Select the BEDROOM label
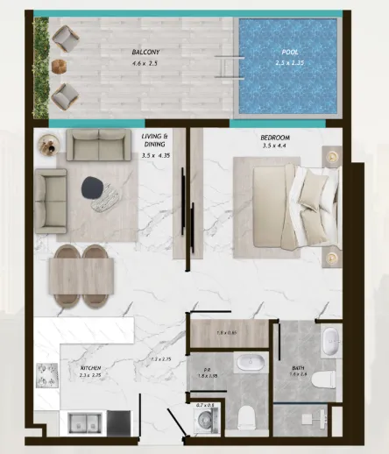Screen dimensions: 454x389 [x=276, y=138]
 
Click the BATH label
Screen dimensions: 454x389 [x=298, y=369]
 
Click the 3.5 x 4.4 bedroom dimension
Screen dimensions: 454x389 [x=275, y=147]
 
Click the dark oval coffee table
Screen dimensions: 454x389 [x=92, y=187]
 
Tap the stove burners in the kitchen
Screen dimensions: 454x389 [x=46, y=374]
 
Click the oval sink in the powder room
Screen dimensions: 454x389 [x=241, y=361]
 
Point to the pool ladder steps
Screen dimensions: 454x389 [x=229, y=68]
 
